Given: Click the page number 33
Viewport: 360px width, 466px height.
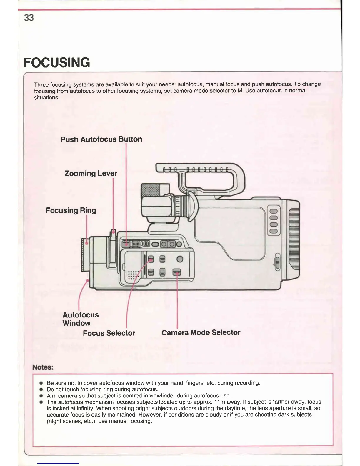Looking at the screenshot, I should coord(29,18).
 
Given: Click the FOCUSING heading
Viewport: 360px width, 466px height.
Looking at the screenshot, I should coord(57,63).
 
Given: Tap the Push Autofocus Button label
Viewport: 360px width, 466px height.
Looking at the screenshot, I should coord(101,139).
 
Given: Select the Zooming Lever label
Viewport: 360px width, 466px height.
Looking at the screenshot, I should coord(91,173).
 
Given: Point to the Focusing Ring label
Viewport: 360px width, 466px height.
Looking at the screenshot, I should coord(71,210).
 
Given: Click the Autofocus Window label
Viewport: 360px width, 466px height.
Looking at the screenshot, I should coord(80,319).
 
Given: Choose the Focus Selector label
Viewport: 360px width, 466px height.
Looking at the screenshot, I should coord(109,333).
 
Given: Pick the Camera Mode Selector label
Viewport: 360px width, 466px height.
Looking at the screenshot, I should coord(201,332).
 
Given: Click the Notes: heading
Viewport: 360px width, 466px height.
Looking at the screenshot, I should coord(43,367).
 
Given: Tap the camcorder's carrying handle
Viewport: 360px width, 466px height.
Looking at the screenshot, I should coord(200,169).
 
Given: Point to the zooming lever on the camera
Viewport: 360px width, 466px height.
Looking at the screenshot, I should coord(113,235).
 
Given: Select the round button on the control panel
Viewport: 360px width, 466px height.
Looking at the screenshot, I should coord(179,259).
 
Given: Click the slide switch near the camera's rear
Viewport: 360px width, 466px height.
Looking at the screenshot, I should coord(276,261).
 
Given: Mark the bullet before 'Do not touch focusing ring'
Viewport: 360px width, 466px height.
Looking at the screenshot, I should coord(41,390).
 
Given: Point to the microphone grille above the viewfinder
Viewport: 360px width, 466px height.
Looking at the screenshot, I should coord(151,191).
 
